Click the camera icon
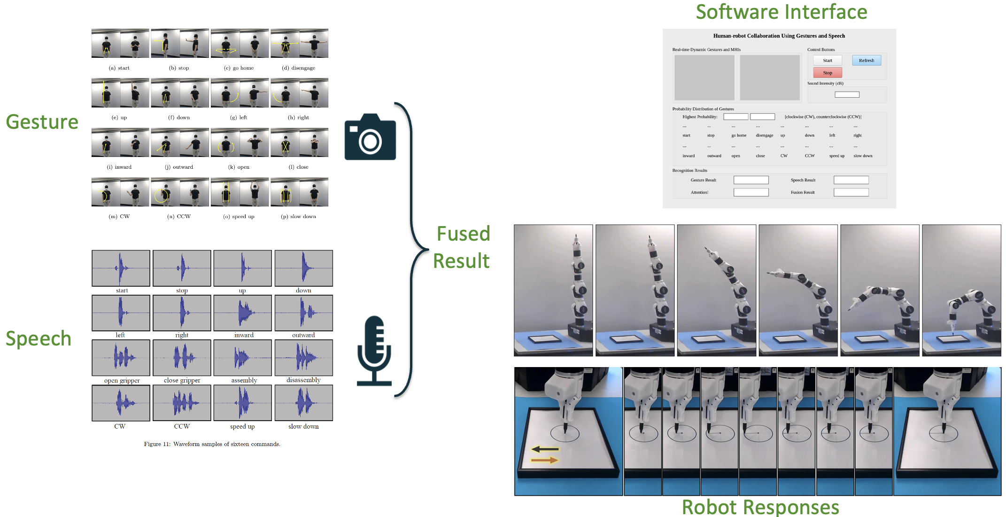coord(370,137)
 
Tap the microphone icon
coord(374,350)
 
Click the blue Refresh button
coord(867,60)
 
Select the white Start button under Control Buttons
coord(828,60)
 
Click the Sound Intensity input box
coord(847,94)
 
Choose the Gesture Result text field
coord(751,180)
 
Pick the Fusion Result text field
coord(851,192)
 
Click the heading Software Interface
coord(781,12)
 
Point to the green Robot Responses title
coord(760,507)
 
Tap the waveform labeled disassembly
coord(303,357)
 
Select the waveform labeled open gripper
coord(121,357)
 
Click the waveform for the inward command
coord(242,313)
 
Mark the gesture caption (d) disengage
coord(299,68)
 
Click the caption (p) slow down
coord(299,216)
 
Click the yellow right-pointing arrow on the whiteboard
coord(545,460)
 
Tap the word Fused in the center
coord(463,234)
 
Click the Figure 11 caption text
coord(212,444)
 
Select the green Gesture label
coord(42,122)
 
